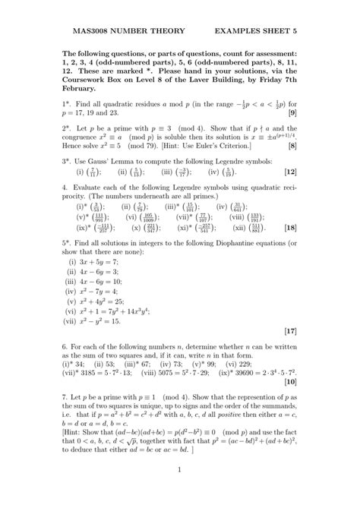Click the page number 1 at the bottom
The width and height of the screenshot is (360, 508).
tap(180, 492)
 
